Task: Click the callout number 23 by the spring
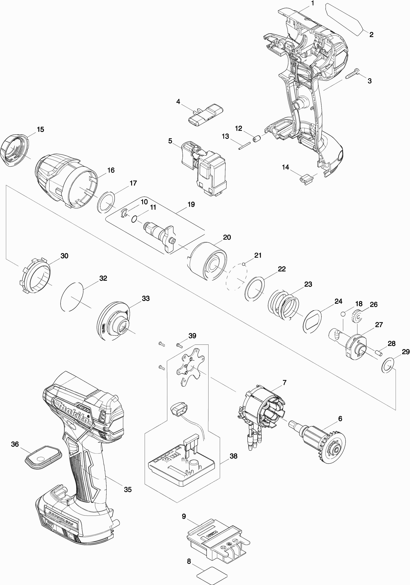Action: (x=308, y=284)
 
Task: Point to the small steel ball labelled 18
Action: (x=343, y=314)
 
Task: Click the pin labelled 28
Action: (x=379, y=353)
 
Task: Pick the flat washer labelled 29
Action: (x=388, y=365)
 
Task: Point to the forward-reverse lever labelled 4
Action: (x=206, y=115)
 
